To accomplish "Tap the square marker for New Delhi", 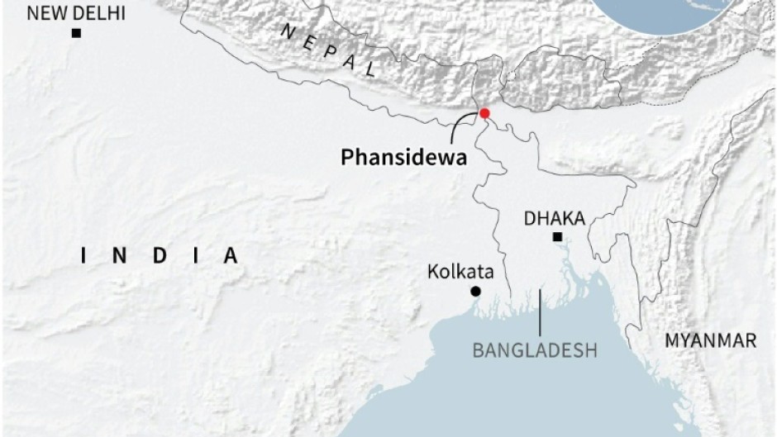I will [76, 33].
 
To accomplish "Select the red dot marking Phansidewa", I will [484, 113].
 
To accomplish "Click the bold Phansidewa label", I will [403, 157].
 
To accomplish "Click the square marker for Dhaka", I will [558, 238].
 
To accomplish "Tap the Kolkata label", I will [461, 272].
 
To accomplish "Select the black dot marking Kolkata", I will [475, 291].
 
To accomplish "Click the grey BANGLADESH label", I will [535, 350].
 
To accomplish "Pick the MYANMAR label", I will [712, 340].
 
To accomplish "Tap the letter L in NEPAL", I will [369, 70].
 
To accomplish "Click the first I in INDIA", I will [83, 256].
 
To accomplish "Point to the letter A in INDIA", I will [231, 256].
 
